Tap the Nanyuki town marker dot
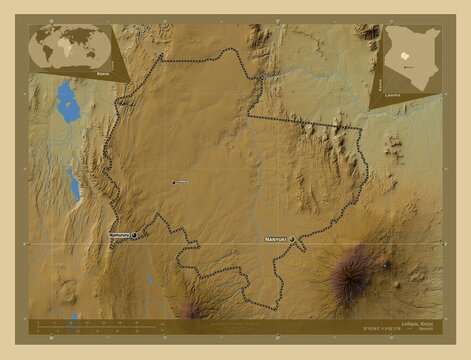point(304,240)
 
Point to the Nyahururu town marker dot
point(134,235)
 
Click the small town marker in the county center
point(174,182)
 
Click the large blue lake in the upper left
point(67,100)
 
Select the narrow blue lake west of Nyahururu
point(74,184)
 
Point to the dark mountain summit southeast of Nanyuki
point(351,268)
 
